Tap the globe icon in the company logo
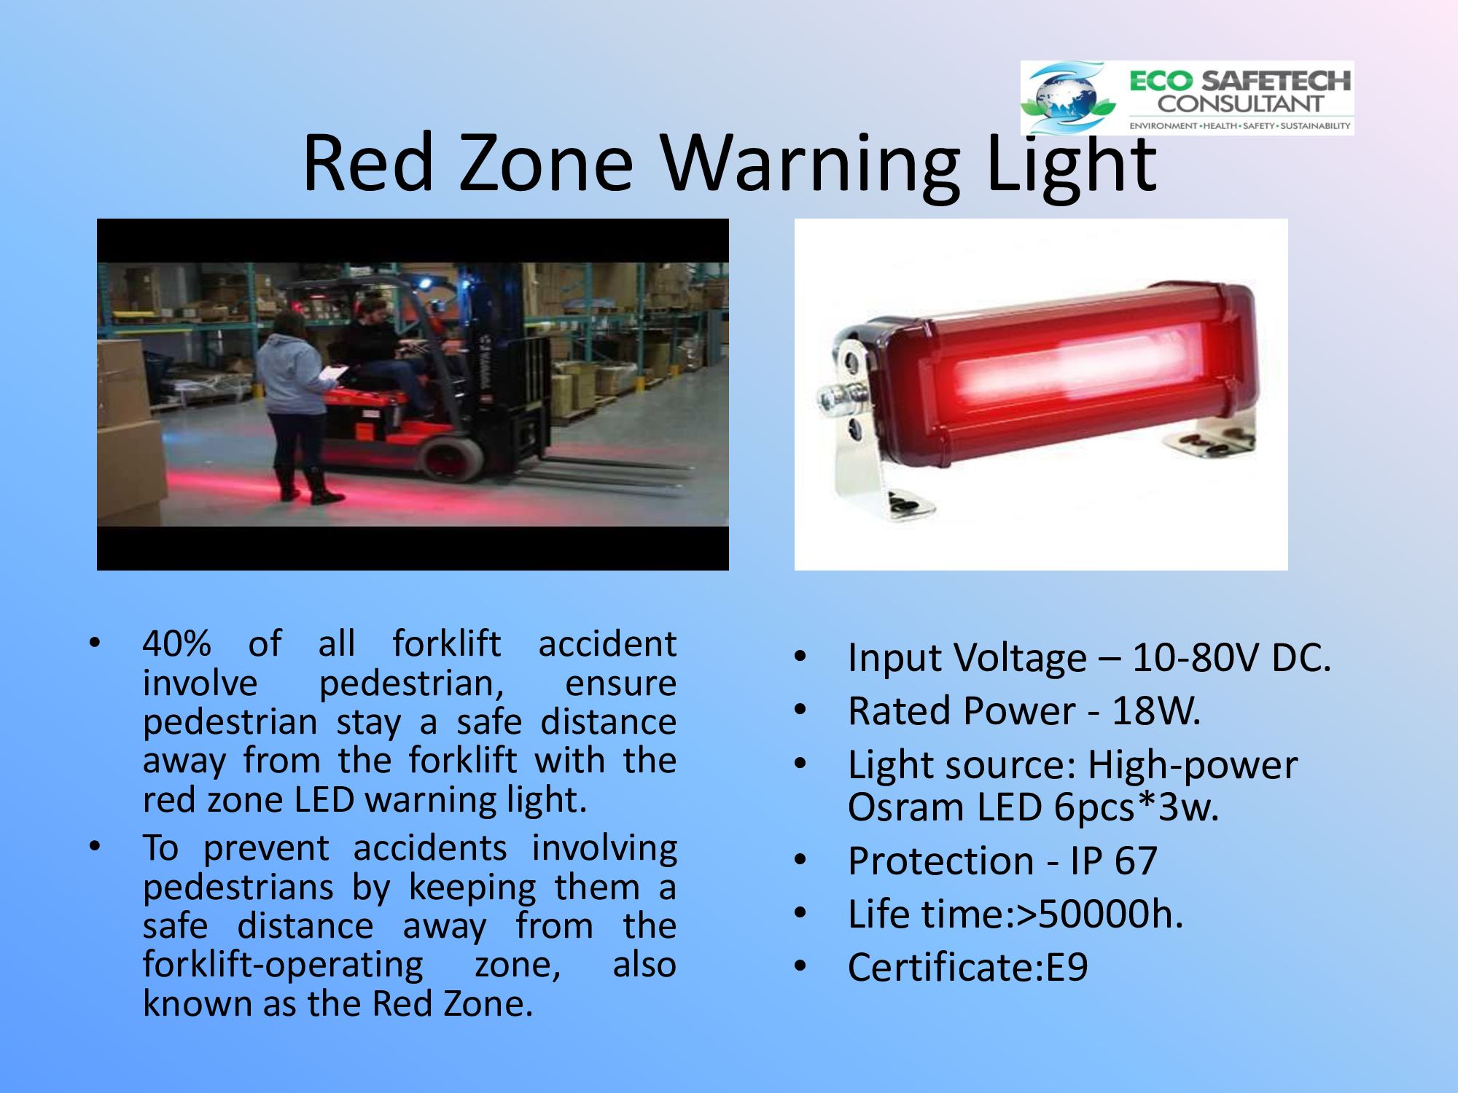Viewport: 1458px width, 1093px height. point(1068,98)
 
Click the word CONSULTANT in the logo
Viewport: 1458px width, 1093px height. point(1240,103)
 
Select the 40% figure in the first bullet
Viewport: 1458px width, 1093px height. point(176,644)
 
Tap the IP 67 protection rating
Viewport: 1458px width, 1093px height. point(1113,861)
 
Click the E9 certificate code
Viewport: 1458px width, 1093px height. point(1067,968)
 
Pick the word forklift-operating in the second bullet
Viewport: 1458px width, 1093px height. point(282,965)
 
